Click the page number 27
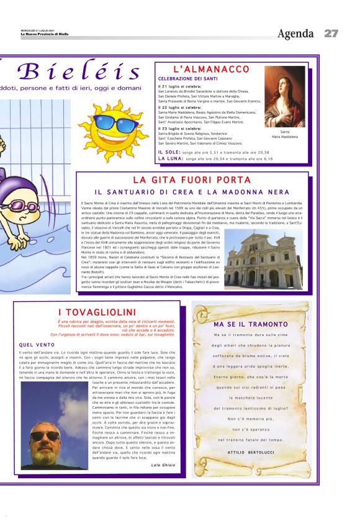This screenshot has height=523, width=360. coord(330,33)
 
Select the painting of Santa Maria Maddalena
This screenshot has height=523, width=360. coord(285,96)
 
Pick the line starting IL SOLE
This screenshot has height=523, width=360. coord(214,152)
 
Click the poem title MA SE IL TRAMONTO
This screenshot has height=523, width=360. coord(251,324)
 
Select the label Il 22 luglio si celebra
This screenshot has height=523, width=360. coord(179,107)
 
